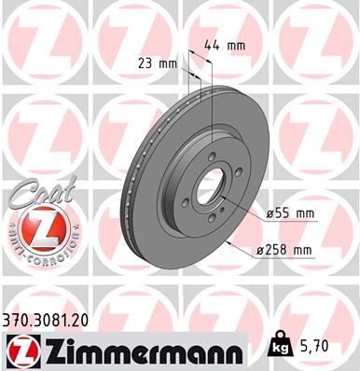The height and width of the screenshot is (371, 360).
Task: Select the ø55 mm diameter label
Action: point(290,213)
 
